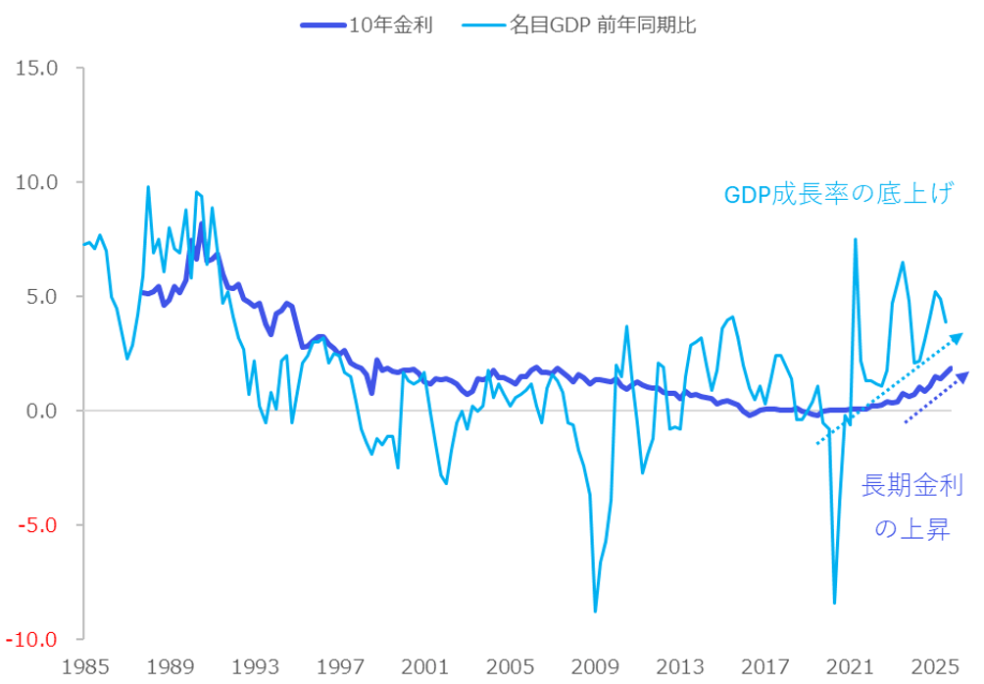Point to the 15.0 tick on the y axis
(37, 69)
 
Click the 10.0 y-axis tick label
(37, 182)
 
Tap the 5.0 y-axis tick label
(42, 296)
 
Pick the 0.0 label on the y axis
(42, 411)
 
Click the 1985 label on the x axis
(85, 667)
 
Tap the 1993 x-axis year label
(255, 667)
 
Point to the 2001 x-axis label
(425, 667)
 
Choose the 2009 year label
(595, 667)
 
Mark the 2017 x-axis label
(765, 667)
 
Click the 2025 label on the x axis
(935, 667)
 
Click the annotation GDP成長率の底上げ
(838, 194)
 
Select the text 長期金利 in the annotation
(911, 484)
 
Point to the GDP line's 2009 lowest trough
(595, 611)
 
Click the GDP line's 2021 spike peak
(856, 239)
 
